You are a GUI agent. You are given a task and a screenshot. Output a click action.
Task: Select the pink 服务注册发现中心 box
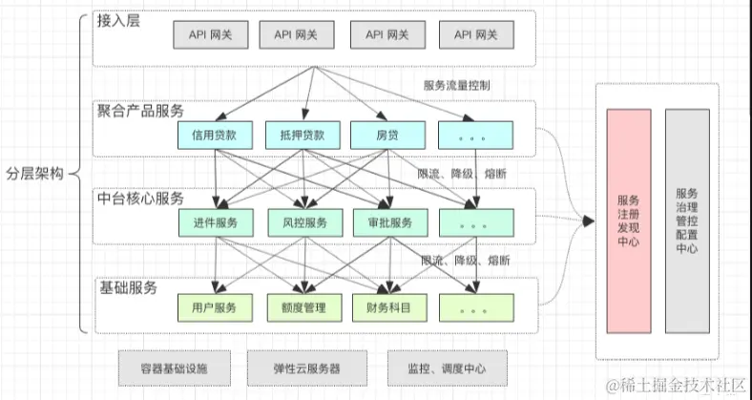[x=629, y=221]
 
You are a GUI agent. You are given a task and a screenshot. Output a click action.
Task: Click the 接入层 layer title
[x=119, y=21]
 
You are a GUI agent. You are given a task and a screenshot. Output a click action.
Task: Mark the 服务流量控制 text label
[x=457, y=85]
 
